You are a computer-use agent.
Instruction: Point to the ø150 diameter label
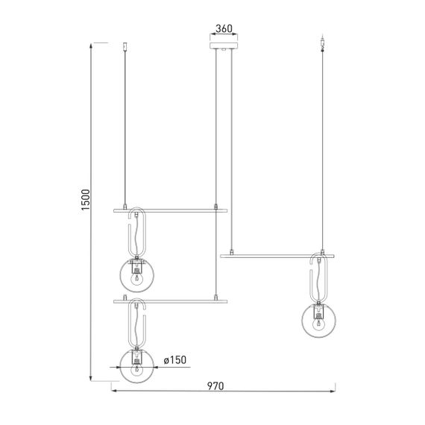pos(173,360)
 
